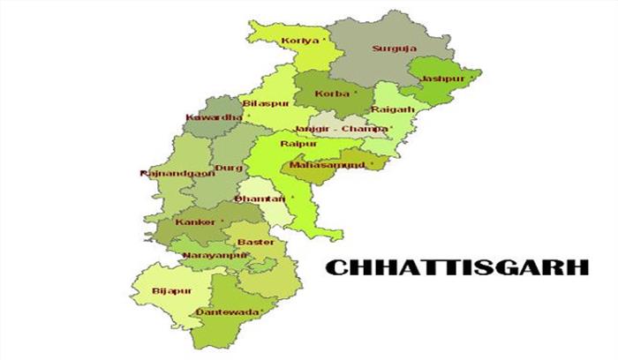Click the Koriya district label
[298, 41]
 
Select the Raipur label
[292, 143]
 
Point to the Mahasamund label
[327, 164]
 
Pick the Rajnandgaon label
[173, 174]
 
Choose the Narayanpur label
[214, 255]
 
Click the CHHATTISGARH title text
[455, 266]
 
